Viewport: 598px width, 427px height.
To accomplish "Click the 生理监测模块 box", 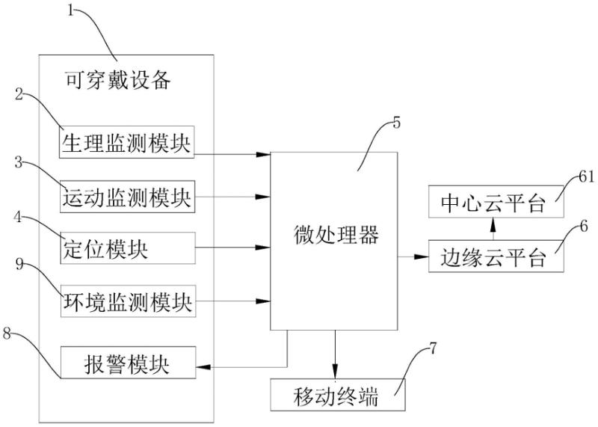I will (127, 142).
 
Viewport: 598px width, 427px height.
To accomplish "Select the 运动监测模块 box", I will (127, 198).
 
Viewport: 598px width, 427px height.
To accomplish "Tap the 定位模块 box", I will (127, 248).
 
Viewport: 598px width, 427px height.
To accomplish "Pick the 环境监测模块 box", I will (127, 303).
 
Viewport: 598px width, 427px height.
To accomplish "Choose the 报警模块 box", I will (127, 364).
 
